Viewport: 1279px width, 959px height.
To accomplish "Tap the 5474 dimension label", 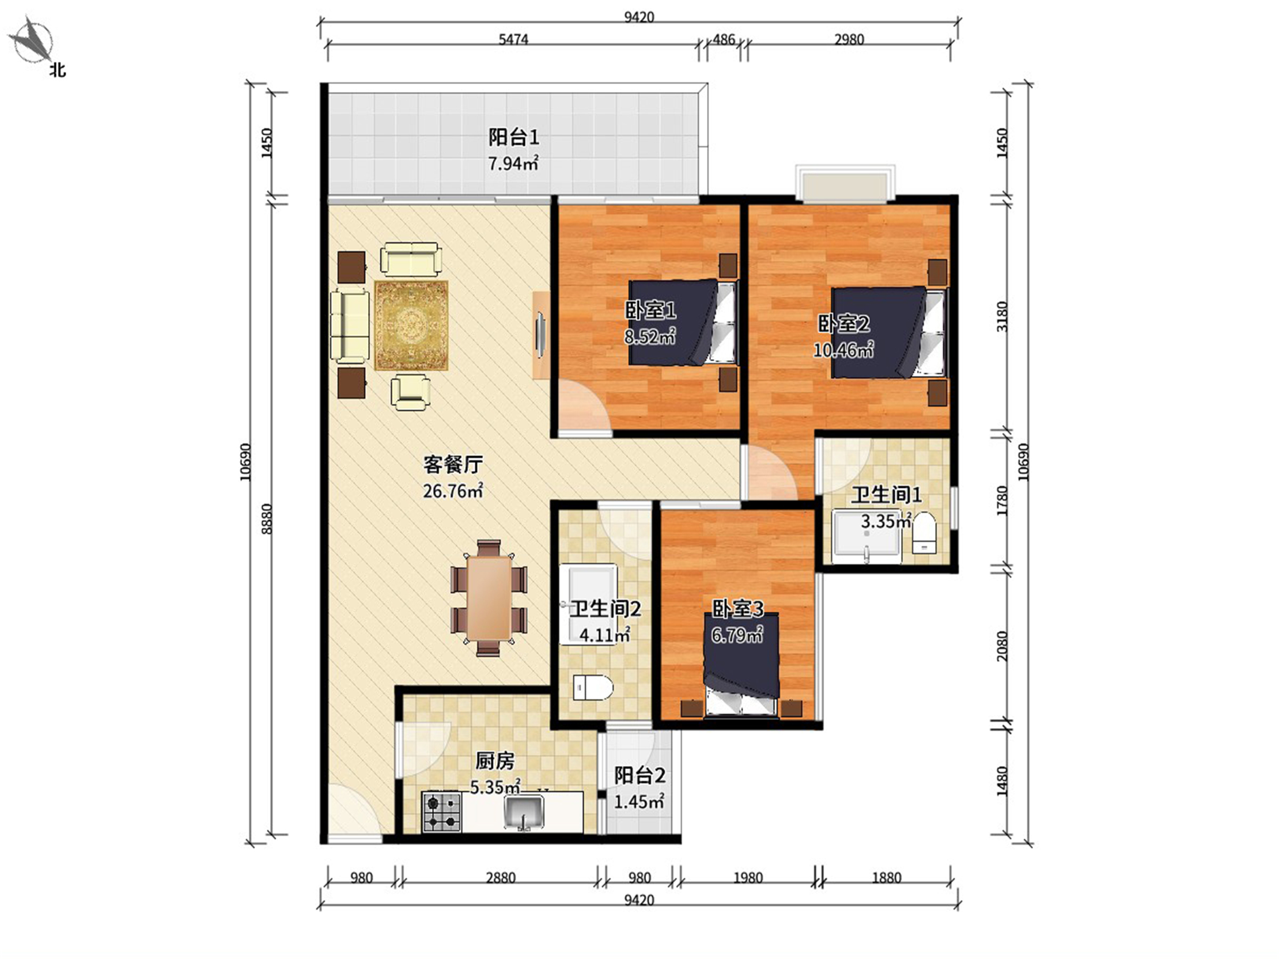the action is click(513, 39).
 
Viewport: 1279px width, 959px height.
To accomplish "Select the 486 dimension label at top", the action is click(724, 39).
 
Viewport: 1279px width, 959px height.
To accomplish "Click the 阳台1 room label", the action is click(514, 137).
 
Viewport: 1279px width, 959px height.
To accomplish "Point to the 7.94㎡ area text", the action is click(513, 164).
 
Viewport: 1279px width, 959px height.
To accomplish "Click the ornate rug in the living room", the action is click(411, 325).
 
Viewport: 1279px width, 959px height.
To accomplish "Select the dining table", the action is click(489, 598).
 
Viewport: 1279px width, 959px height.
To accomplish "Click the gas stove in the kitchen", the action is click(442, 812).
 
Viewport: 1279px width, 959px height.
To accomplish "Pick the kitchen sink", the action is click(524, 812).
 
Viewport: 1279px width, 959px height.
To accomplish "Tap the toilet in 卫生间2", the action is click(592, 688).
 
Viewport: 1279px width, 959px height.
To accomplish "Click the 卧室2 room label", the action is click(843, 324).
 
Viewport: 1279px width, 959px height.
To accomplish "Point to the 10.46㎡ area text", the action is click(843, 350).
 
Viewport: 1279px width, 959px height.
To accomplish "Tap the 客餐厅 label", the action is click(453, 464).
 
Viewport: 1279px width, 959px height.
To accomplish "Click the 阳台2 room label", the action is click(639, 775).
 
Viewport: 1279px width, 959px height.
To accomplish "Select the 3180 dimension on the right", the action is click(1002, 316).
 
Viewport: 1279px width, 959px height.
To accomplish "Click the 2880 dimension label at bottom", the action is click(501, 877).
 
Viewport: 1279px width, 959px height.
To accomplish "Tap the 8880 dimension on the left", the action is click(267, 518).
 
